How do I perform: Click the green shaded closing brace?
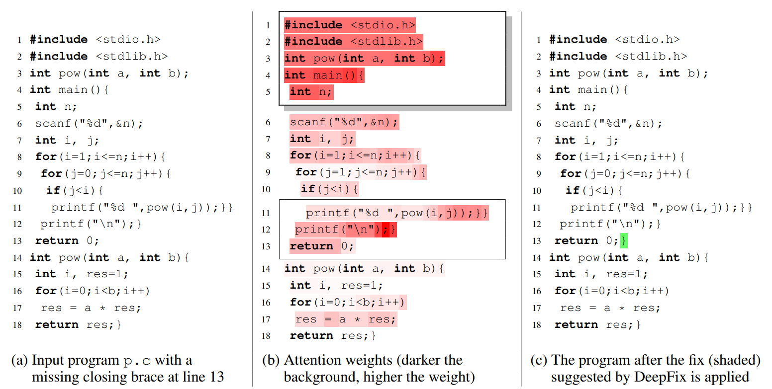(x=624, y=241)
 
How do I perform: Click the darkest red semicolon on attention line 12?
(x=384, y=230)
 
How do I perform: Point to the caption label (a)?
(x=19, y=361)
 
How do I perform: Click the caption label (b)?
(x=271, y=361)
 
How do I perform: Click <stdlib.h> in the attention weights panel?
(x=386, y=42)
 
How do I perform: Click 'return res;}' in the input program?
(x=78, y=325)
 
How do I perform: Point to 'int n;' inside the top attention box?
(x=311, y=92)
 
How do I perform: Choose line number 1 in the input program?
(x=19, y=40)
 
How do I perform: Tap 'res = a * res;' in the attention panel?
(x=346, y=319)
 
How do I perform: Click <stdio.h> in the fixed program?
(x=647, y=40)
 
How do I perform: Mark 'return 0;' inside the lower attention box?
(x=322, y=246)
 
